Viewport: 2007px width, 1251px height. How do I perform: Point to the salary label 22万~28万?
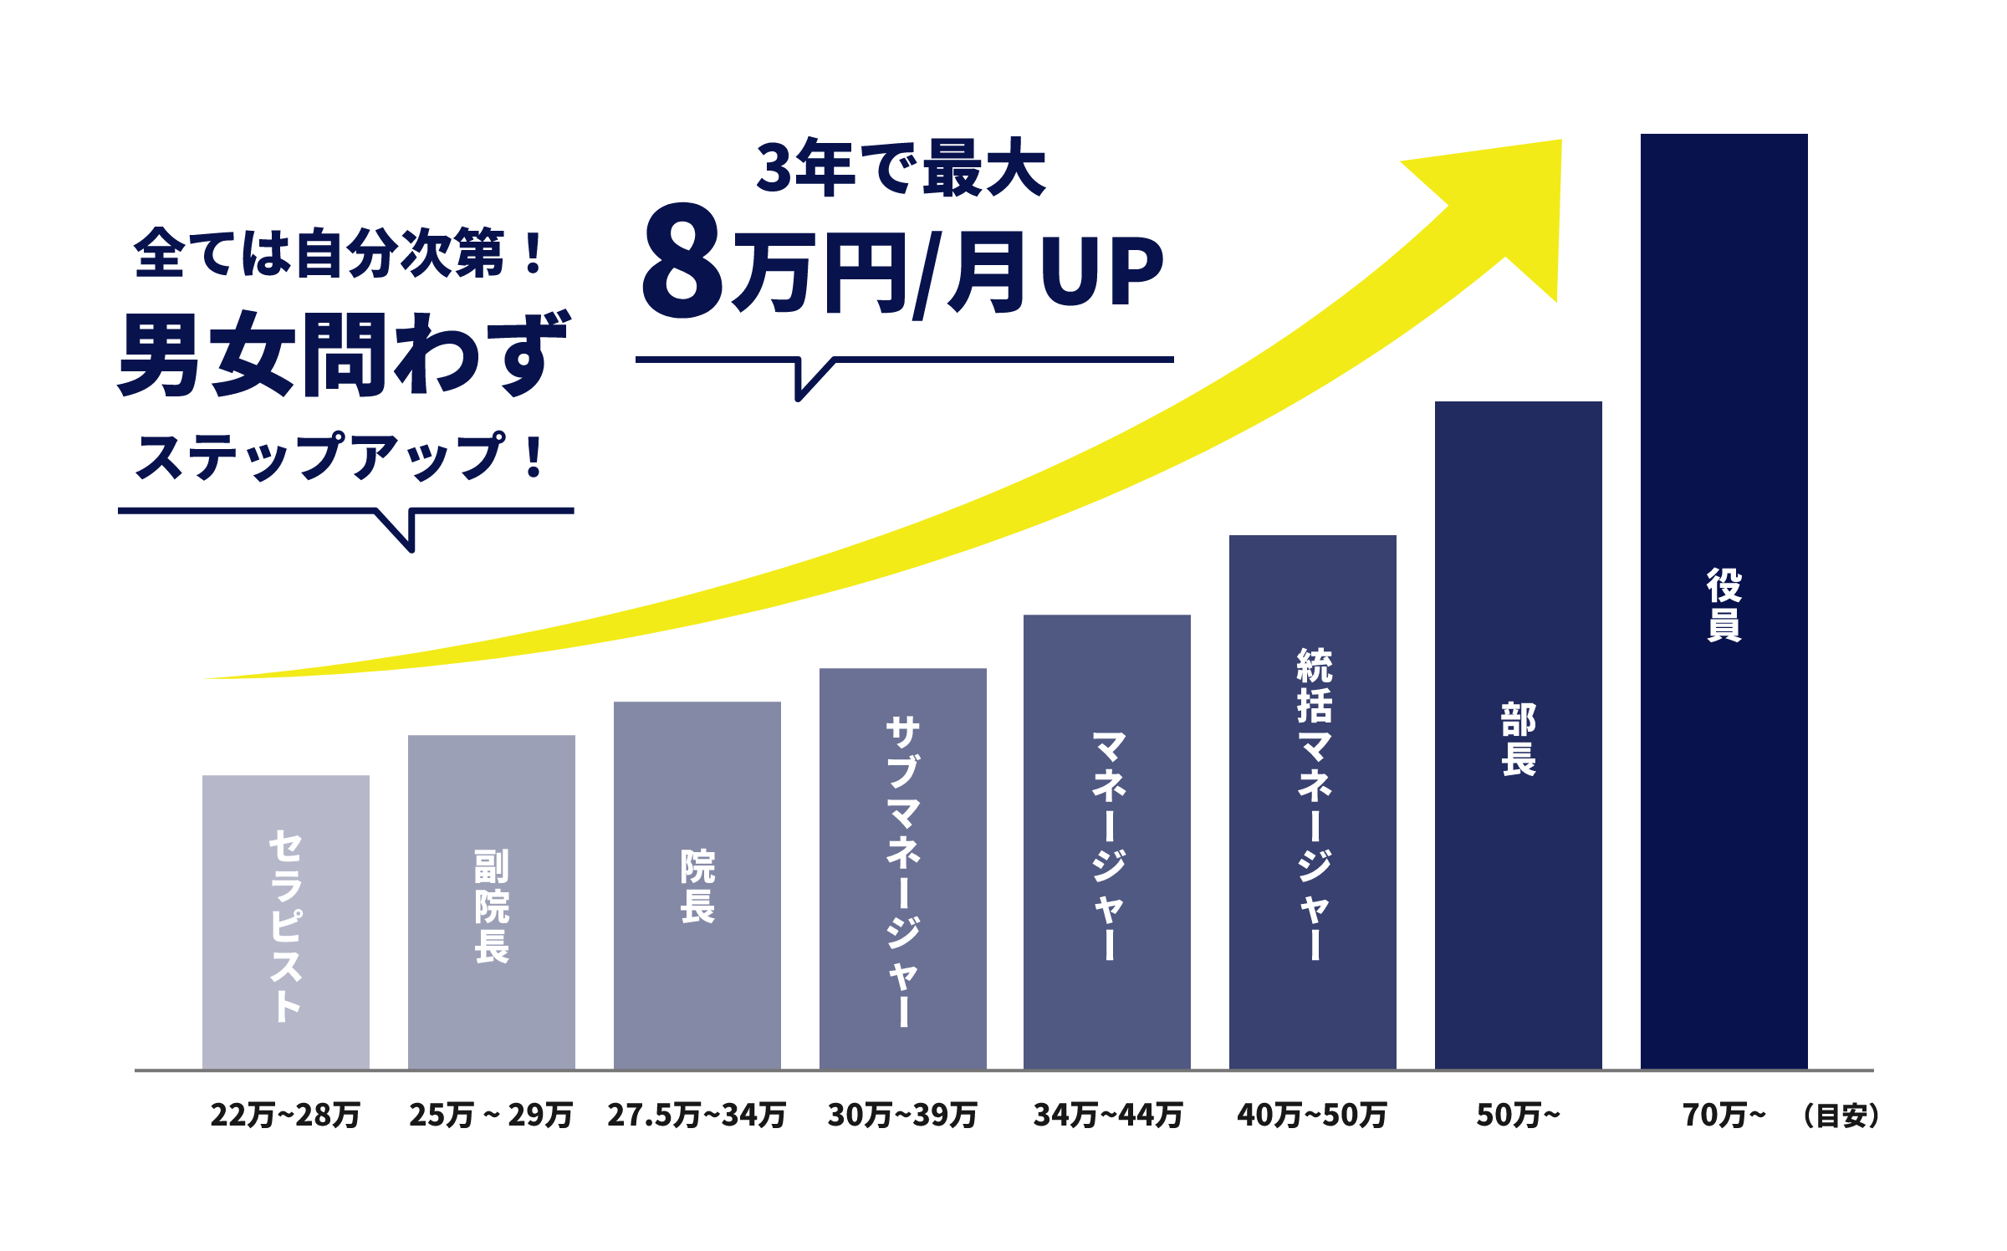coord(285,1115)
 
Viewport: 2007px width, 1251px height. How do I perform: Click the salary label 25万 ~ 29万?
coord(491,1115)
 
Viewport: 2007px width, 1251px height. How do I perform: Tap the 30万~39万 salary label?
coord(902,1115)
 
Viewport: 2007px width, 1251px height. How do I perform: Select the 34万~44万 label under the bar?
coord(1108,1115)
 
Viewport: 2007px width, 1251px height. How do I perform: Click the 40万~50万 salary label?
coord(1312,1115)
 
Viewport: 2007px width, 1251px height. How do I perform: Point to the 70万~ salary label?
coord(1724,1115)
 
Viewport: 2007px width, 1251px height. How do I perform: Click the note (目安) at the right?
coord(1841,1115)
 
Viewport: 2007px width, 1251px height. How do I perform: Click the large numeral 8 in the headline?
coord(682,261)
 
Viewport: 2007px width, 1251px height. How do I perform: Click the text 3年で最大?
coord(901,168)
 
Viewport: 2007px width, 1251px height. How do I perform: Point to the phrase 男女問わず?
coord(344,355)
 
